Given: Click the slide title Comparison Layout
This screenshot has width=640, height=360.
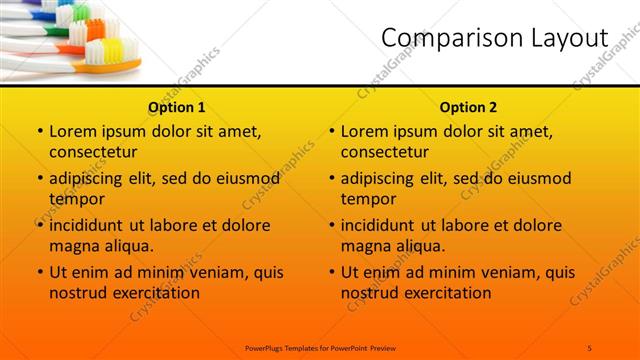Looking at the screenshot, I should [495, 38].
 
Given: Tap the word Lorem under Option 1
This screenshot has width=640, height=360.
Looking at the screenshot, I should [73, 131].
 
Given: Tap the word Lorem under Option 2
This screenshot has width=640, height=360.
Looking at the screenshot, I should [365, 131].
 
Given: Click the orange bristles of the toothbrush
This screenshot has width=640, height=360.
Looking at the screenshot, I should [95, 30].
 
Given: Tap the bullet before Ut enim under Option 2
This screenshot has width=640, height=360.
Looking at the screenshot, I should [331, 272].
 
